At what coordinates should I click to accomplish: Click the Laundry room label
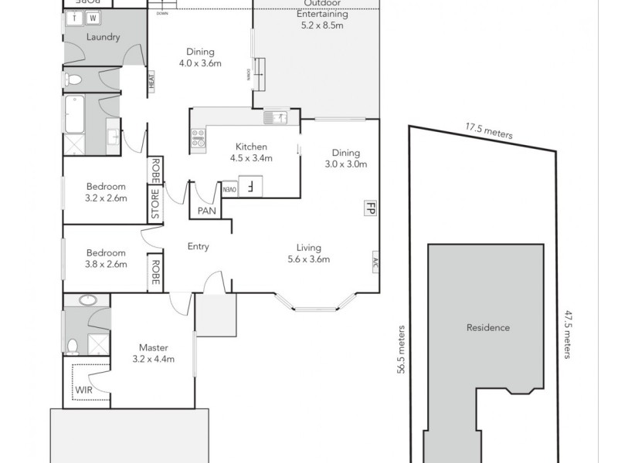(103, 37)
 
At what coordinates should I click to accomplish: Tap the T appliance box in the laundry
(74, 17)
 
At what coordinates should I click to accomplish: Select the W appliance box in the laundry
(93, 17)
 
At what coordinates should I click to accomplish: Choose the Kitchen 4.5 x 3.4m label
(252, 152)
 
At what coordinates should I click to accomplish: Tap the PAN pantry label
(206, 210)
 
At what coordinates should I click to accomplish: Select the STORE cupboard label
(154, 204)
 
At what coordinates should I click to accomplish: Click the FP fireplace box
(370, 208)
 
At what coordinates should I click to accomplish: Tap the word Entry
(199, 247)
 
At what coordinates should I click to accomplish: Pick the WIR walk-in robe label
(84, 390)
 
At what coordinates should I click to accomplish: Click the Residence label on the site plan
(487, 327)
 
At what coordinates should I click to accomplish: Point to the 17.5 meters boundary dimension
(488, 131)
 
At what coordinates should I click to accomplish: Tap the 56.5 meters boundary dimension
(401, 348)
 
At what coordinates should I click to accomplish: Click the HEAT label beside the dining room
(152, 81)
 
